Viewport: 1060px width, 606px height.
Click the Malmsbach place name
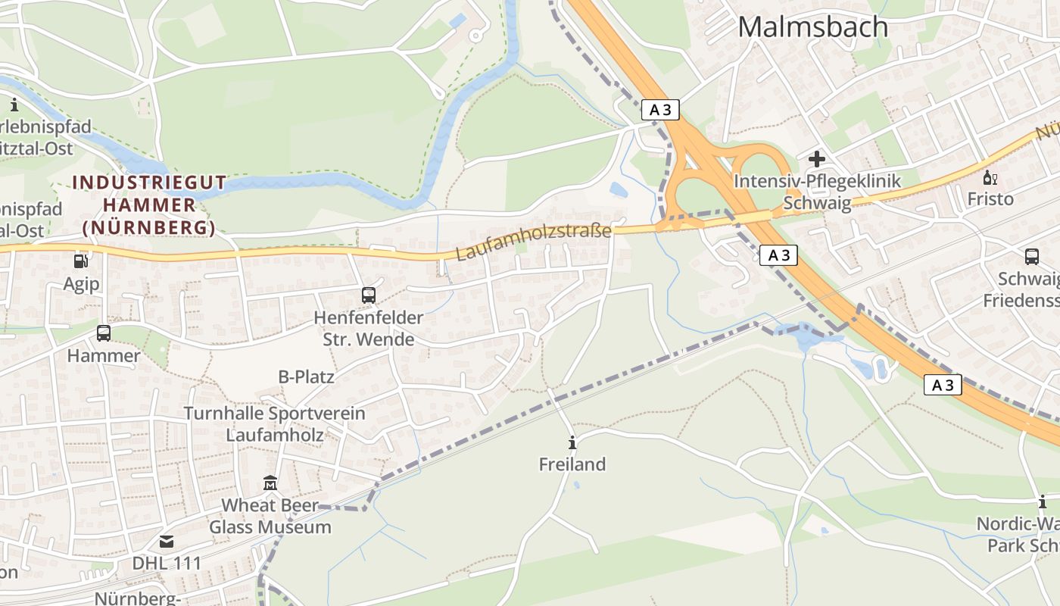coord(812,27)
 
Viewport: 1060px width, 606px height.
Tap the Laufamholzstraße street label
coord(533,242)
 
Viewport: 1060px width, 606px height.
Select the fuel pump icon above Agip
coord(80,261)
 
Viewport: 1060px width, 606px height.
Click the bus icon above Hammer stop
coord(104,333)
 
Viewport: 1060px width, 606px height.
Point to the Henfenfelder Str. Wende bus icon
coord(369,295)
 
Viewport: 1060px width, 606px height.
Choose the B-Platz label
coord(307,376)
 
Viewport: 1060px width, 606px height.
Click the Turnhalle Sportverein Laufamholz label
coord(275,424)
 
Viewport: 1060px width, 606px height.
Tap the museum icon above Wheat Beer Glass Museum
coord(270,483)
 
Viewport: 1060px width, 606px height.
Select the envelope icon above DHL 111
coord(167,542)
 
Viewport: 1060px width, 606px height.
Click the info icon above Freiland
coord(572,443)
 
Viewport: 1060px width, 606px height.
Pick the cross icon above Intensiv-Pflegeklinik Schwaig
coord(817,159)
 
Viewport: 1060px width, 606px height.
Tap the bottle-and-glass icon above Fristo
coord(990,179)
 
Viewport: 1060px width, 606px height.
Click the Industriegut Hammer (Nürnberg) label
coord(149,205)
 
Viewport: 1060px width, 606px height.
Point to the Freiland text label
coord(572,464)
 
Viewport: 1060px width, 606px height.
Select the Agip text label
coord(81,284)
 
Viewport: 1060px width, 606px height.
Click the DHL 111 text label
coord(167,564)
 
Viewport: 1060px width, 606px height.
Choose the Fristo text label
coord(990,199)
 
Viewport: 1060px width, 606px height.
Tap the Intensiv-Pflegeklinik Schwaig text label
coord(817,192)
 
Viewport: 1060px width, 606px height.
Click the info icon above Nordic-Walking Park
coord(1043,502)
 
